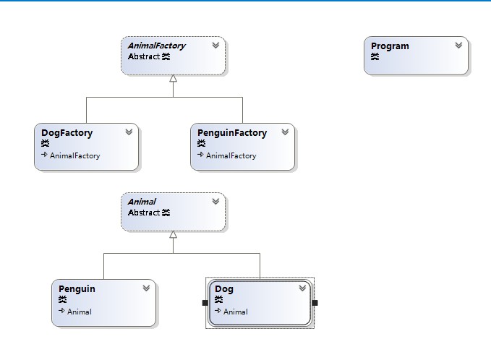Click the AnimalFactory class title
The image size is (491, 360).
click(157, 46)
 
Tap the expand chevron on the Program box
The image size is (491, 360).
click(458, 46)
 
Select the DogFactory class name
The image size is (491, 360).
click(67, 133)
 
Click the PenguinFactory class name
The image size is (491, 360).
click(232, 133)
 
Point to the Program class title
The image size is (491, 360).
click(390, 46)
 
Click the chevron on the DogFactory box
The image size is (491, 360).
click(129, 132)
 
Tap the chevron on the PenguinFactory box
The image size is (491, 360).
click(285, 132)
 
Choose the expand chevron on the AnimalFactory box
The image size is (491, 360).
click(215, 46)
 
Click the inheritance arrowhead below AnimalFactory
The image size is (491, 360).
click(173, 78)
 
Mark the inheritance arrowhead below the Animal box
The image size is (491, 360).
click(173, 234)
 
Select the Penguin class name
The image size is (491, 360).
click(77, 289)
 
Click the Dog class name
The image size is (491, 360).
click(224, 289)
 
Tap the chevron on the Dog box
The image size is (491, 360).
click(302, 288)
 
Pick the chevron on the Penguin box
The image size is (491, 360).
click(146, 288)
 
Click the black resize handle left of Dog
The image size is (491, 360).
click(205, 303)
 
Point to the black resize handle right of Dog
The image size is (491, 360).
click(315, 303)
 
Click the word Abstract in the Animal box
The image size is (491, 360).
click(144, 213)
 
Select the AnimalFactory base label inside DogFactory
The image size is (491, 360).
click(74, 155)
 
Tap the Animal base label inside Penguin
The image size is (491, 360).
click(80, 312)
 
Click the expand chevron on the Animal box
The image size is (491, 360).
click(215, 201)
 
